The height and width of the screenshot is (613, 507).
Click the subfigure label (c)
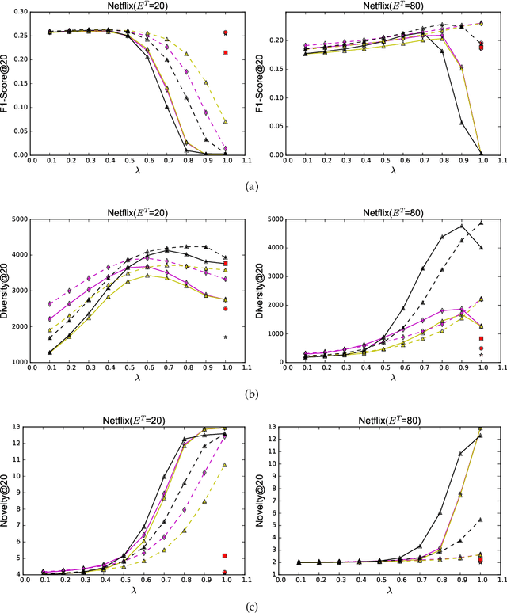point(252,607)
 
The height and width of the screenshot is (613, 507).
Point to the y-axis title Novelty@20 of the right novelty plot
point(266,502)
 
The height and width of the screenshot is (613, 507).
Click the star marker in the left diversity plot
point(226,337)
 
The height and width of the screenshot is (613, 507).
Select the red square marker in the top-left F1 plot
point(226,53)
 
